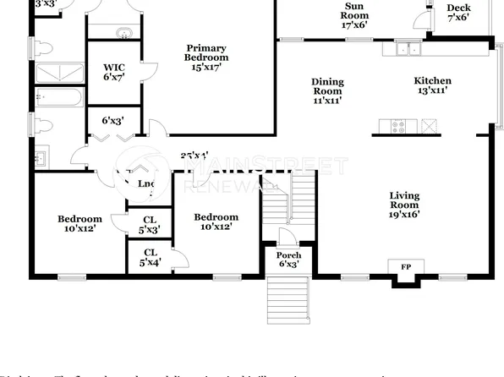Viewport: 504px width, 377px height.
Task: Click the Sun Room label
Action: [x=353, y=16]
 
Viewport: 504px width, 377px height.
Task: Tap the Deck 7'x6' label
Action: [x=457, y=13]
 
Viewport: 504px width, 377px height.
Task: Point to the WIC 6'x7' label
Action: [x=115, y=72]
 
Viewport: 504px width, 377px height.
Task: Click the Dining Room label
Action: [x=328, y=90]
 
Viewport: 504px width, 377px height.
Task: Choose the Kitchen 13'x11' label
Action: [x=430, y=85]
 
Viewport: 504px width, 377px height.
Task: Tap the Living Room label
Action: [x=404, y=205]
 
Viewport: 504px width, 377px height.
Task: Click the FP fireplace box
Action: [x=406, y=268]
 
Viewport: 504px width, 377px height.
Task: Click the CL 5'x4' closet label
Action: [x=151, y=257]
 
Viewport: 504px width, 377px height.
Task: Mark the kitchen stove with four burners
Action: [x=395, y=127]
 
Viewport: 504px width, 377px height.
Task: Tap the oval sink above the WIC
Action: [x=124, y=34]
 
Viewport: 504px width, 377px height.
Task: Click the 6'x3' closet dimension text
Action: [x=113, y=121]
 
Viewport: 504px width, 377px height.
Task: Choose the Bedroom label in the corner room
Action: [x=79, y=224]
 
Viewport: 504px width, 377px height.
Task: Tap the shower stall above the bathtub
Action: [x=59, y=71]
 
